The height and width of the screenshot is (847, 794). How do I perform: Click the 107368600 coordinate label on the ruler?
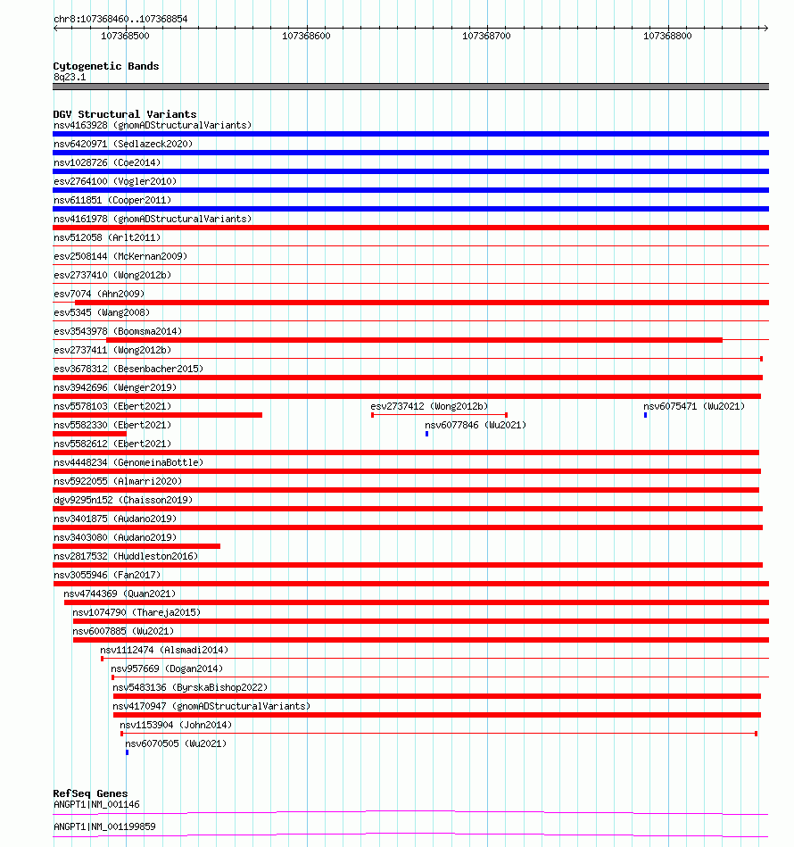(306, 36)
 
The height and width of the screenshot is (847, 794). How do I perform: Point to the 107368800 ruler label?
(667, 36)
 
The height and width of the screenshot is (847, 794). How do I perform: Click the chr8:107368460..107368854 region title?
(120, 19)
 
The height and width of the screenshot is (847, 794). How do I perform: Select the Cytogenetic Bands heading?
(106, 66)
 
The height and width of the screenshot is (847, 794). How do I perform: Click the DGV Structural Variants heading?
(125, 114)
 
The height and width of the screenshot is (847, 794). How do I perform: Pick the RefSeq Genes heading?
(90, 793)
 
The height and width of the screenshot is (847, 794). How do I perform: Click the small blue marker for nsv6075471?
(646, 415)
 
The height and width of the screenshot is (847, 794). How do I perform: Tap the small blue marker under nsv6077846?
(426, 434)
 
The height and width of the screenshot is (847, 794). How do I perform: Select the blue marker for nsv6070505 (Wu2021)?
(127, 752)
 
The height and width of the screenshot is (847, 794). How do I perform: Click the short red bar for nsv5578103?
(157, 415)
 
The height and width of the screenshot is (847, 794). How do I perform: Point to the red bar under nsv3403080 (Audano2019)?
(136, 546)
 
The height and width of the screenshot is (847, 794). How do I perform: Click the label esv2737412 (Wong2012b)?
(429, 406)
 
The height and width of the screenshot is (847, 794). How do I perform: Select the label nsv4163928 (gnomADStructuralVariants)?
(153, 125)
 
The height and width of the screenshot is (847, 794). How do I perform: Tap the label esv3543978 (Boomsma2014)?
(118, 331)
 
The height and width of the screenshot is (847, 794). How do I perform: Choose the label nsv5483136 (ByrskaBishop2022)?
(190, 687)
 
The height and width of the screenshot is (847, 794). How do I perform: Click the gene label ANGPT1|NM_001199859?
(104, 826)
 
